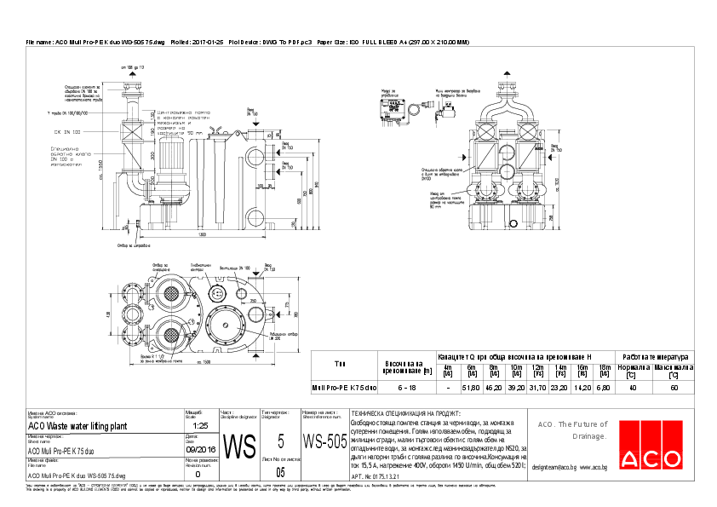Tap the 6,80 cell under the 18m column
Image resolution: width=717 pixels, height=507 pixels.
(605, 387)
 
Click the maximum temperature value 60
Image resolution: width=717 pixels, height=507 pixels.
(674, 387)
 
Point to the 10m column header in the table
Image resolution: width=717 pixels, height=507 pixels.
(516, 369)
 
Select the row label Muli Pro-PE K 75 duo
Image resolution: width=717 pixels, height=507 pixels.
(344, 387)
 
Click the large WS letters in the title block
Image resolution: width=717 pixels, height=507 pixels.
(239, 445)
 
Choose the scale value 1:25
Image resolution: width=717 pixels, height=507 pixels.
(201, 424)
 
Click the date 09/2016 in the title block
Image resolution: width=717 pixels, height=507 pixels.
(201, 448)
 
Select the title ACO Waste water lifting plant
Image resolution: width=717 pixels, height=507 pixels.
(77, 424)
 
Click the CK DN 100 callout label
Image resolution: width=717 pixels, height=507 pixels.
(67, 132)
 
